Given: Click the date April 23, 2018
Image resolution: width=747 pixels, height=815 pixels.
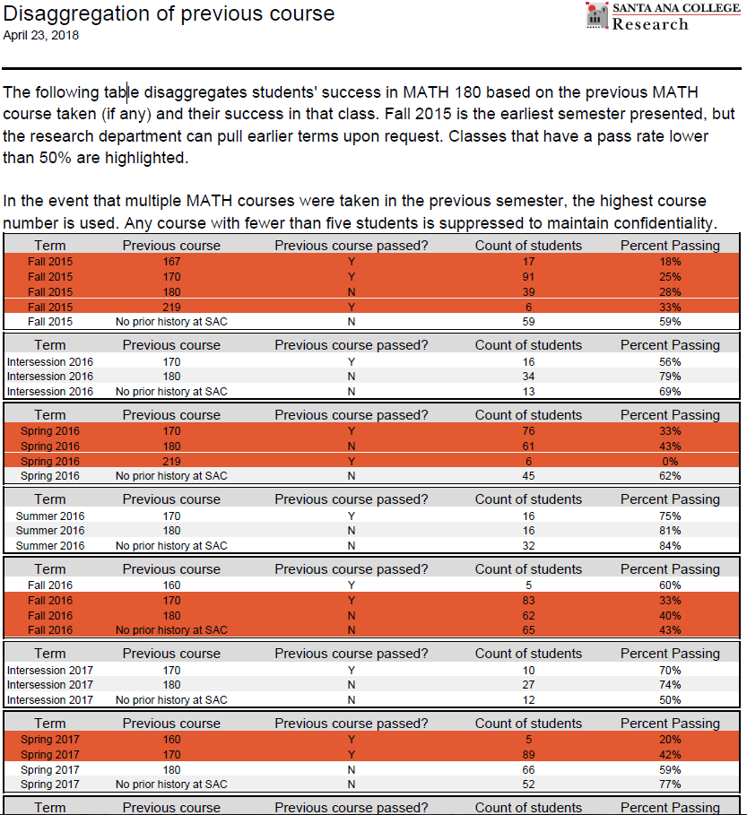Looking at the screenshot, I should click(x=41, y=36).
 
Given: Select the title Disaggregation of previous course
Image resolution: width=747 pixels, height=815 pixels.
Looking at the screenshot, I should click(x=169, y=13).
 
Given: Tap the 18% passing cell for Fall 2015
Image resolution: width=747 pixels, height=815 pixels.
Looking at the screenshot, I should click(x=669, y=262).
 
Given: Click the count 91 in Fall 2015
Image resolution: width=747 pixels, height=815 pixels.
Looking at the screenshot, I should click(x=528, y=277).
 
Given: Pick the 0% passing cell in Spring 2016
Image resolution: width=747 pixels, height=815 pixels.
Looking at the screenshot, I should click(x=669, y=461).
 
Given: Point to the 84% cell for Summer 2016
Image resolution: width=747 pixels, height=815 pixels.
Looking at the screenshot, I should click(x=669, y=546).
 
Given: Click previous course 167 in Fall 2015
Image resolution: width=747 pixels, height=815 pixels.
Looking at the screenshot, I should click(x=170, y=262).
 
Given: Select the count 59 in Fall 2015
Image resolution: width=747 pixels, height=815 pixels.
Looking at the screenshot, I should click(x=528, y=321).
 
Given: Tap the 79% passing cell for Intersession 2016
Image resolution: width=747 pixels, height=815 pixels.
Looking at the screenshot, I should click(x=669, y=377).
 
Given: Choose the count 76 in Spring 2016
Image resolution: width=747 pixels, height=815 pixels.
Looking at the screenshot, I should click(x=528, y=431).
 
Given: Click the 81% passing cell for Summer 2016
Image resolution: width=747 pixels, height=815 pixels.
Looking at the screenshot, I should click(x=669, y=531).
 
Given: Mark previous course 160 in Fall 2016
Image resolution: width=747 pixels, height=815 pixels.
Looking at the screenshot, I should click(x=170, y=585).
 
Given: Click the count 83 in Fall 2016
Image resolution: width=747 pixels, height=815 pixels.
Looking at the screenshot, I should click(x=528, y=601).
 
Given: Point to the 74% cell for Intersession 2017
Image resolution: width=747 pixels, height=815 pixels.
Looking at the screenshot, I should click(x=669, y=685).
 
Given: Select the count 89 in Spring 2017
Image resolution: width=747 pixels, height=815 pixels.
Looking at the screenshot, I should click(x=528, y=755).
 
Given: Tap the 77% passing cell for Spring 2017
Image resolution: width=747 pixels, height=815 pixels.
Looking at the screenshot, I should click(x=669, y=785).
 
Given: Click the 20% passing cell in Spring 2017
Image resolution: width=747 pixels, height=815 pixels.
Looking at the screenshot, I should click(x=669, y=740).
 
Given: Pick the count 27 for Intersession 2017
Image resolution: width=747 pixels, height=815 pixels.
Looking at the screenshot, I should click(x=528, y=685).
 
